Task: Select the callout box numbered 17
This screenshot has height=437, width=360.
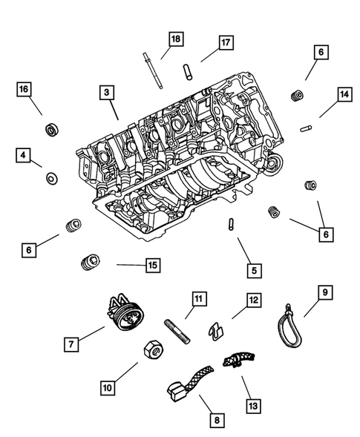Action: click(x=225, y=42)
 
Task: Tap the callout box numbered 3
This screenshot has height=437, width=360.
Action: click(x=108, y=93)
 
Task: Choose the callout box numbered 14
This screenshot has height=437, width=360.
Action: click(x=344, y=94)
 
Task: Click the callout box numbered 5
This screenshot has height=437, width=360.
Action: click(x=254, y=271)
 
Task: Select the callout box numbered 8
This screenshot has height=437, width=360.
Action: click(x=217, y=421)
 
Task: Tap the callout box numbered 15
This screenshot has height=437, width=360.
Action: click(x=152, y=263)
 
